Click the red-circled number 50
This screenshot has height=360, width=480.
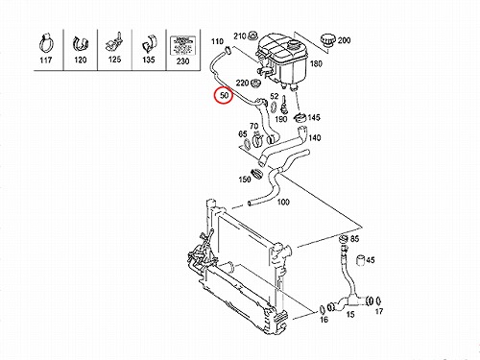pos(224,95)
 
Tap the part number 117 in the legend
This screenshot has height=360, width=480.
pos(46,60)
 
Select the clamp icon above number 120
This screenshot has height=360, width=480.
pos(81,43)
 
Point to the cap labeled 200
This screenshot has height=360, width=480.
pos(328,40)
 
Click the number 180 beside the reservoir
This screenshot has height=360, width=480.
pos(316,63)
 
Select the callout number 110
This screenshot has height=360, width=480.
pos(217,41)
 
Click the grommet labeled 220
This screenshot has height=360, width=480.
pos(255,84)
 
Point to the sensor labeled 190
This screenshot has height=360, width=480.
pos(283,107)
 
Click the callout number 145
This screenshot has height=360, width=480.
pos(314,117)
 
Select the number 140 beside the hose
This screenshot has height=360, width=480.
pos(315,138)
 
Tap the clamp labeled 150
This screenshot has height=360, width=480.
pos(257,173)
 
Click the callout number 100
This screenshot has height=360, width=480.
pos(283,202)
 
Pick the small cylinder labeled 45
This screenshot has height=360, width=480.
pos(361,260)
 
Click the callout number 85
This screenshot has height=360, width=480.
pos(354,239)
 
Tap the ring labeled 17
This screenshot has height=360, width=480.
pos(378,300)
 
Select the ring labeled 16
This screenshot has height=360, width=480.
pos(323,309)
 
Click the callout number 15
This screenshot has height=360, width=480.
pos(350,314)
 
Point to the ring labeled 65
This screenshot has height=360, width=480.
pos(248,144)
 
